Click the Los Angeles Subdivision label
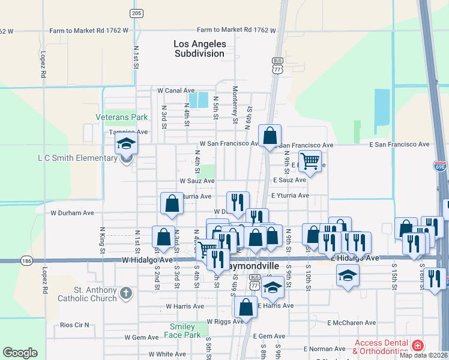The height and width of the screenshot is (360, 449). coord(200,49)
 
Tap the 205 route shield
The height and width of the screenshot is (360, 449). coord(136,13)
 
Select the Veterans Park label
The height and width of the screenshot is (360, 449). coord(121,118)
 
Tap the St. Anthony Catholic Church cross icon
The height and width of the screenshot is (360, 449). coord(125,293)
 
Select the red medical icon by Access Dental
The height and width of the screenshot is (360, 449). coord(417,346)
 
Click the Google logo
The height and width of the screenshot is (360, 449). coord(20,353)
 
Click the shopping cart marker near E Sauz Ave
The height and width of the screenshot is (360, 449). coord(309,161)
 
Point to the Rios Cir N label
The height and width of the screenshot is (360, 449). coord(75,325)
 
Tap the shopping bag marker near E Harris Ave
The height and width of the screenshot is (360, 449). coord(246,307)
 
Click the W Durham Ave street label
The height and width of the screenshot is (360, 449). coord(72,212)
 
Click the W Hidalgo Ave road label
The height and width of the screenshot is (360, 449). coord(147,260)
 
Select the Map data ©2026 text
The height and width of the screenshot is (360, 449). coord(423,355)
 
